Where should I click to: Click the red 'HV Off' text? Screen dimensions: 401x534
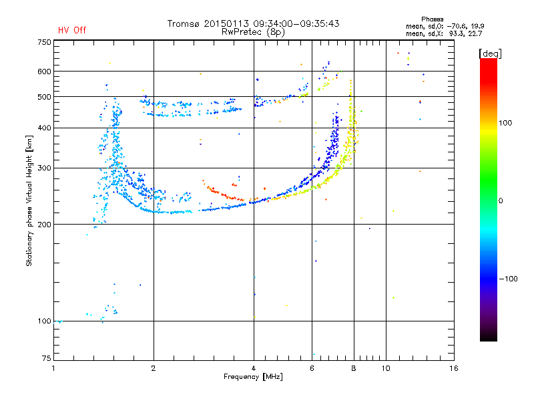pos(71,30)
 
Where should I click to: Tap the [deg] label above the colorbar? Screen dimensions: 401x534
pos(491,53)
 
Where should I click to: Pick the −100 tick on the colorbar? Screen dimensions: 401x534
pos(508,278)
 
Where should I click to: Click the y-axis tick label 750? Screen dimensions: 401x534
pos(44,41)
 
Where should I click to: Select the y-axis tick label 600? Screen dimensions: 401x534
pos(44,71)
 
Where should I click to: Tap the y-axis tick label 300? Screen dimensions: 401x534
pos(44,168)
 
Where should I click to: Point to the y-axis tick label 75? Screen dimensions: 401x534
pos(46,358)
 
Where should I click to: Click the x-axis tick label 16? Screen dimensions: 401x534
pos(454,368)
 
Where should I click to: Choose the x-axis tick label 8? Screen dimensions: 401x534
pos(353,368)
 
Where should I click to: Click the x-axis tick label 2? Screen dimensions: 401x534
pos(154,368)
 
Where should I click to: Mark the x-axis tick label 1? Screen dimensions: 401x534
pos(53,368)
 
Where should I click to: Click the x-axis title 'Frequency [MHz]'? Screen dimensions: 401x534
pos(254,378)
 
